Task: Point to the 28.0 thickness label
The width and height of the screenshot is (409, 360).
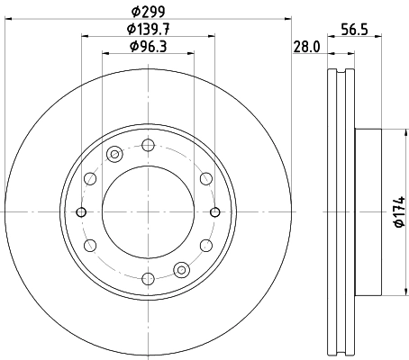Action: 307,47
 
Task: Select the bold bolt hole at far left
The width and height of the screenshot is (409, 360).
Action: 81,211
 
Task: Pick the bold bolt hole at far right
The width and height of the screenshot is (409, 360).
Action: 214,211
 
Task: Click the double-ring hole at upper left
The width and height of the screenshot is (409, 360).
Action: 114,155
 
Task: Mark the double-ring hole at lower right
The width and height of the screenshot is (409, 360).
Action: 182,268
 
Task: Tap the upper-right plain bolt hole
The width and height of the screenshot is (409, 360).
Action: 206,178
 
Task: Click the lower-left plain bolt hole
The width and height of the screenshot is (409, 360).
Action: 89,245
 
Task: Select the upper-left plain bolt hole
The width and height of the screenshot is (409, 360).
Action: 89,178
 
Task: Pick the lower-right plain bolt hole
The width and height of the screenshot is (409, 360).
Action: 206,245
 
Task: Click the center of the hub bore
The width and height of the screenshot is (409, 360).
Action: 148,211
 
